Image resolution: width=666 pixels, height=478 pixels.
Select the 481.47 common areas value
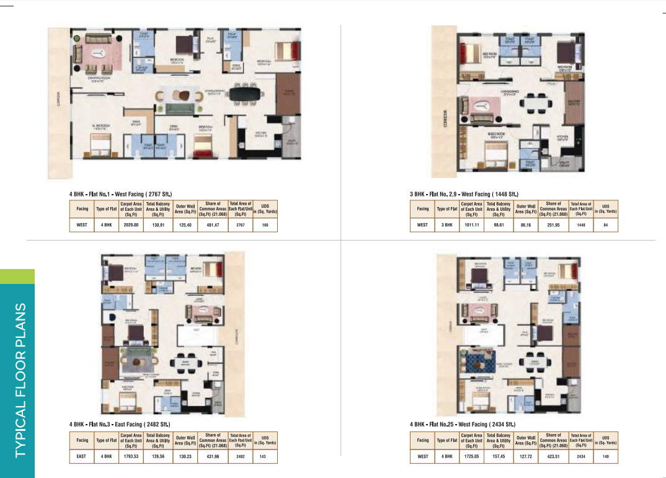point(213,224)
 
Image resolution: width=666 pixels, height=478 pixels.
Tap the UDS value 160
point(265,224)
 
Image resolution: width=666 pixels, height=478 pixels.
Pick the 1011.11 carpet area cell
point(471,224)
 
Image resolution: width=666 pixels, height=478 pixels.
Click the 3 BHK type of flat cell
point(446,224)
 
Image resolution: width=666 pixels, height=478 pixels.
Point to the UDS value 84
point(605,224)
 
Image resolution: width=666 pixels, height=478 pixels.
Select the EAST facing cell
point(82,456)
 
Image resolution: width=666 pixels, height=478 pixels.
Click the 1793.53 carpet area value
point(131,456)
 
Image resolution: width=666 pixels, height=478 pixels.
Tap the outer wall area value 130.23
point(185,456)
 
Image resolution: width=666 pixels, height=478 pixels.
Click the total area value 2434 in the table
point(580,456)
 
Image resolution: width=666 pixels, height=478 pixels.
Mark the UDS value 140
point(605,456)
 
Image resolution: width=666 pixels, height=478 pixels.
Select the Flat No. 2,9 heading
point(464,194)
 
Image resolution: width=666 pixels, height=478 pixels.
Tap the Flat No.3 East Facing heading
point(120,425)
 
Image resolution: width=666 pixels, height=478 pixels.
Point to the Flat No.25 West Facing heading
point(463,425)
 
